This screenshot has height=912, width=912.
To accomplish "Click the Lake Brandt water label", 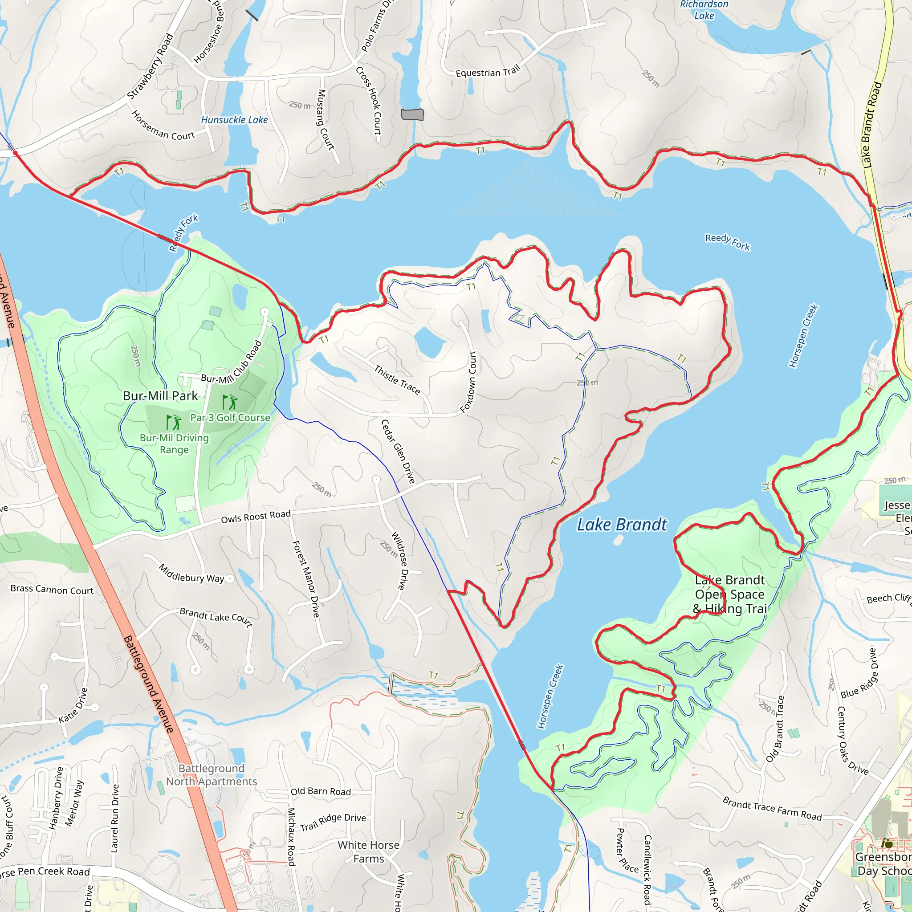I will [x=622, y=525].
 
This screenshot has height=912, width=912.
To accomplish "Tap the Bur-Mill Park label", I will [x=160, y=395].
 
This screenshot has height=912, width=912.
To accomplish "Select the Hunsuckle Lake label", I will [x=234, y=120].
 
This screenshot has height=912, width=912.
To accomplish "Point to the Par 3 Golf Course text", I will [x=230, y=417].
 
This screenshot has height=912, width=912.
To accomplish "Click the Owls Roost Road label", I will [x=256, y=517].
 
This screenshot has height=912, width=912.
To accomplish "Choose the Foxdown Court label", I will [x=469, y=382].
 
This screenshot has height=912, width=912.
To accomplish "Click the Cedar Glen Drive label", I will [x=398, y=451].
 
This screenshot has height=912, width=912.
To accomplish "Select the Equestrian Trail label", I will [x=488, y=71].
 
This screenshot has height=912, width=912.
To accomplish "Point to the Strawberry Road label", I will [x=151, y=66].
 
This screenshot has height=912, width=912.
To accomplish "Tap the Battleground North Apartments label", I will [x=212, y=775].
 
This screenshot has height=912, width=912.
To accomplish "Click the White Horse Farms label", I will [x=369, y=851].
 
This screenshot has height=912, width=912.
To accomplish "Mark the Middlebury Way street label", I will [x=191, y=573].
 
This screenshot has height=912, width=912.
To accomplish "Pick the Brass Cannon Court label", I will [x=52, y=589].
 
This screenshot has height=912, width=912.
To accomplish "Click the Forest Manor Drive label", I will [x=306, y=579].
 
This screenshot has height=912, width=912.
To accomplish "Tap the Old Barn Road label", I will [x=321, y=792].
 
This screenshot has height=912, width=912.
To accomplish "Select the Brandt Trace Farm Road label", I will [x=772, y=809].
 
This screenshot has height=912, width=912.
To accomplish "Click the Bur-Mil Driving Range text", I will [x=174, y=443].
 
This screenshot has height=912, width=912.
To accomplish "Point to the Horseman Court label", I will [x=163, y=126].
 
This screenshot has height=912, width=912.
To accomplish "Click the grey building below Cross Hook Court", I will [x=412, y=114].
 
